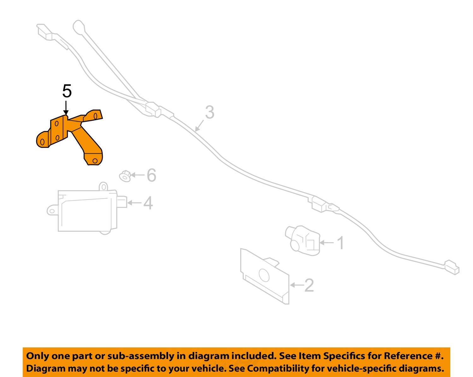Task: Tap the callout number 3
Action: point(210,112)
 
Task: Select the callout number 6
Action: point(151,175)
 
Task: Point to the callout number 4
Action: point(148,203)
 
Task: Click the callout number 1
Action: point(341,243)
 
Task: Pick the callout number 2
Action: point(309,285)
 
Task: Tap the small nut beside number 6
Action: point(125,176)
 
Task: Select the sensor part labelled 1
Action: point(303,240)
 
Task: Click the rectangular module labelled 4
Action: point(87,211)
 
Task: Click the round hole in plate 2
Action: point(264,275)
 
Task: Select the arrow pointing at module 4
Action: point(135,203)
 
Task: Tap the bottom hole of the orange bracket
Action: point(95,161)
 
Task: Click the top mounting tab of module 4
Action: point(103,187)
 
